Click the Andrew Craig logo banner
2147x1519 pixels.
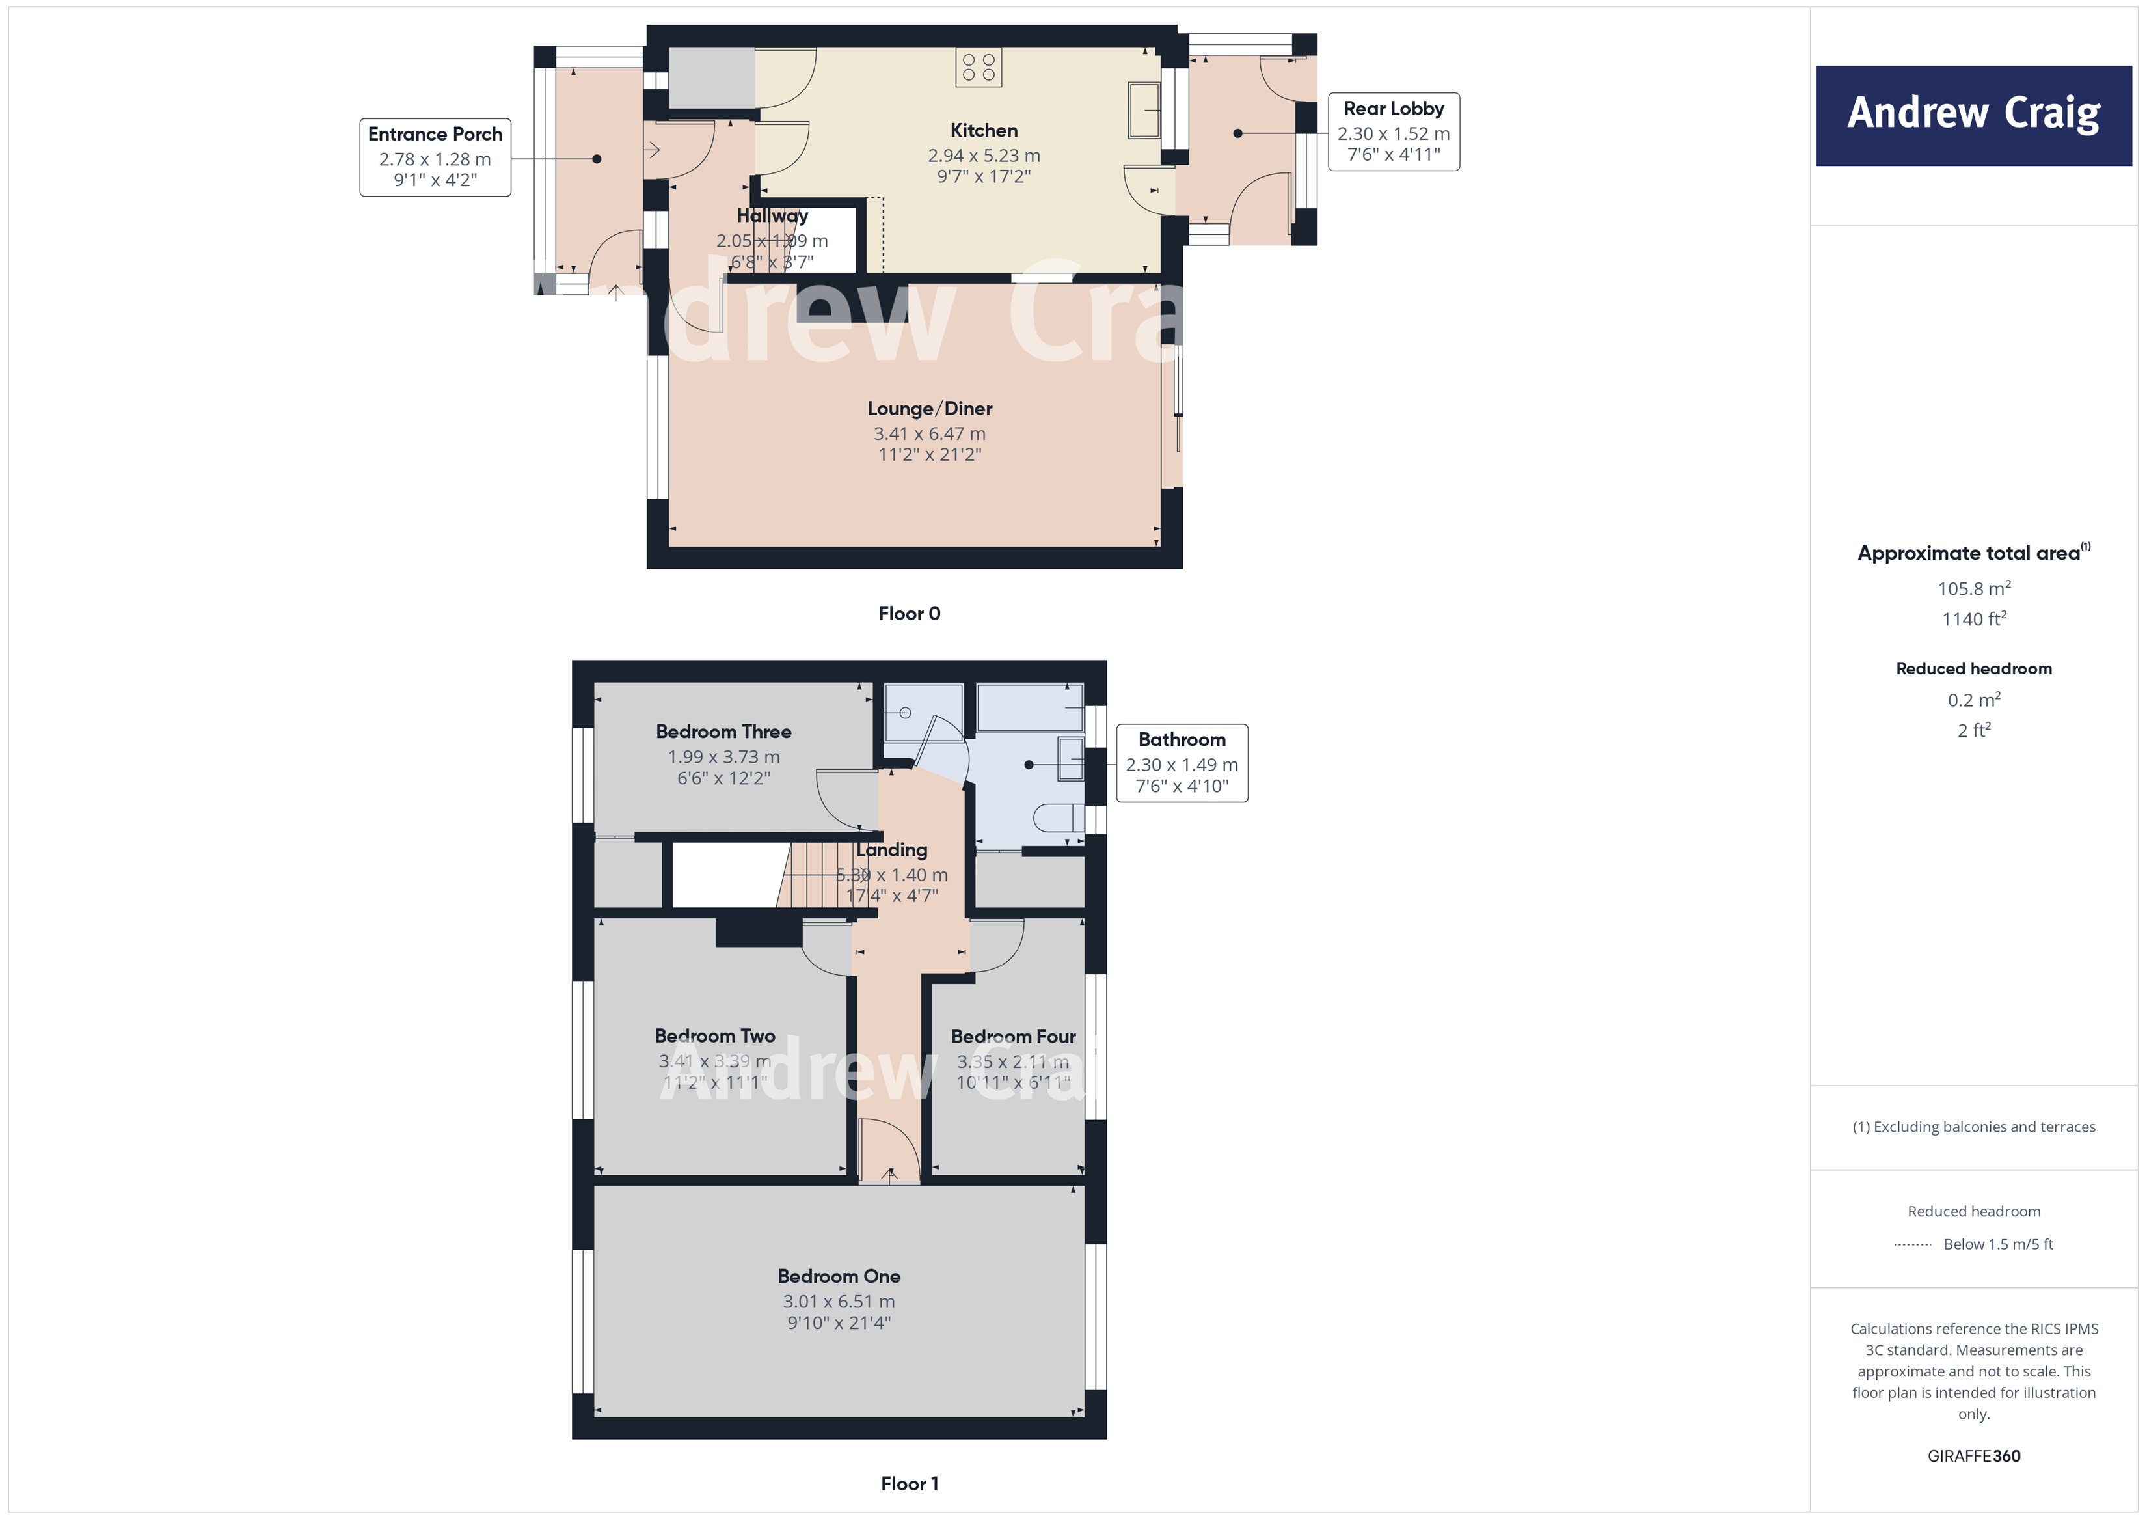coord(1973,115)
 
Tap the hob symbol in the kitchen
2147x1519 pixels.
coord(978,67)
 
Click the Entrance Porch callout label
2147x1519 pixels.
coord(435,156)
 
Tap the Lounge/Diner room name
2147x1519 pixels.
coord(930,409)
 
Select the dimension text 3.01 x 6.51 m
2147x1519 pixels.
coord(838,1301)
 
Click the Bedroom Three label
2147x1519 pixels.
coord(723,732)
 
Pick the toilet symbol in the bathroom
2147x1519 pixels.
coord(1058,819)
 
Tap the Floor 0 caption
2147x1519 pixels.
coord(909,614)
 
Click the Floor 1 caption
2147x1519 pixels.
coord(909,1483)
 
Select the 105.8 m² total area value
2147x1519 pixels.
coord(1973,588)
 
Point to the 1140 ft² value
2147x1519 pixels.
coord(1973,618)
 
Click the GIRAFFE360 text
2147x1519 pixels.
coord(1973,1455)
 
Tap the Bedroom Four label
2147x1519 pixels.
coord(1013,1036)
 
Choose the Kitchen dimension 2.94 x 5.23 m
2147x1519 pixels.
coord(983,156)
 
